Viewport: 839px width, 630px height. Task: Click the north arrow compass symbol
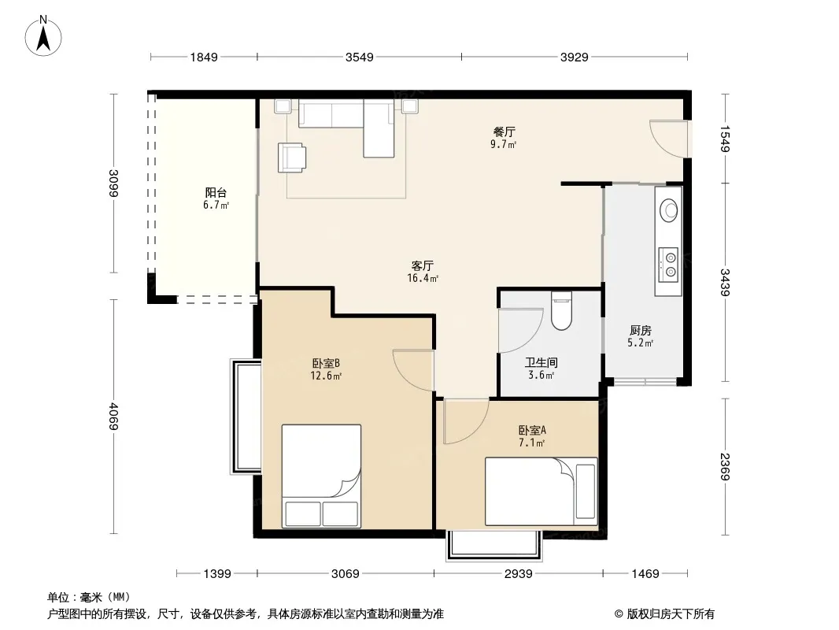coord(43,36)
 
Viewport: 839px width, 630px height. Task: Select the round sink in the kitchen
coord(669,209)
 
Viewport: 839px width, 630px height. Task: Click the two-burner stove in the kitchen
coord(668,265)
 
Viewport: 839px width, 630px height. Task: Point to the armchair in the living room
coord(292,157)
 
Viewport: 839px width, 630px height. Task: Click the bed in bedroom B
coord(321,476)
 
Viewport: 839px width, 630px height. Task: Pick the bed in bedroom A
coord(541,491)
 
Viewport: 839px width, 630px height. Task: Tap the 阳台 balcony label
coord(216,192)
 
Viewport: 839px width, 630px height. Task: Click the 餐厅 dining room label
coord(504,132)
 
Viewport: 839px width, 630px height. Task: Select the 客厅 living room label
coord(422,265)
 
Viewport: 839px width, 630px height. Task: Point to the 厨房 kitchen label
coord(641,330)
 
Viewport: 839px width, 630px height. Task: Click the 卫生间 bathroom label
coord(541,362)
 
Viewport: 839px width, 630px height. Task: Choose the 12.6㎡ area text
coord(326,376)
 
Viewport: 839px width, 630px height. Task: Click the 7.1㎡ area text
coord(531,443)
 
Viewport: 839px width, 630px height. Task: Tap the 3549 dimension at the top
coord(359,57)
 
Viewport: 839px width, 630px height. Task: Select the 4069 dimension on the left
coord(113,416)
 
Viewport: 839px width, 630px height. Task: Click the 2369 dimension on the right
coord(725,466)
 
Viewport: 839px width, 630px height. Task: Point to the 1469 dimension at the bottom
coord(645,574)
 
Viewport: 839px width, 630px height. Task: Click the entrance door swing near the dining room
coord(668,139)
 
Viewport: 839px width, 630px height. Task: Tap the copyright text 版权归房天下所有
coord(671,614)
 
